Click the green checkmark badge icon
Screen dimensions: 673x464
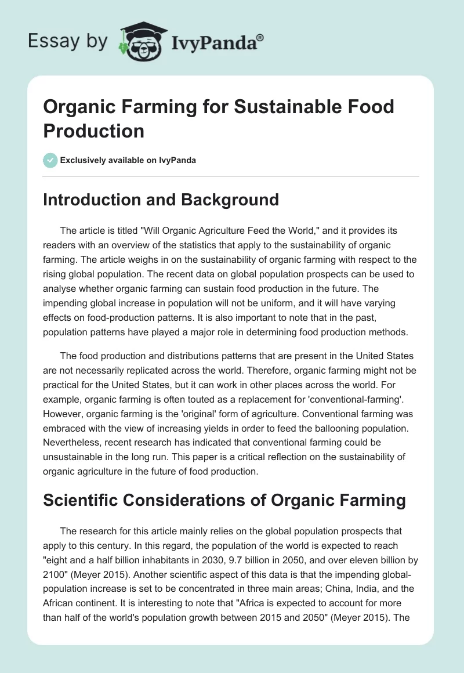50,160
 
